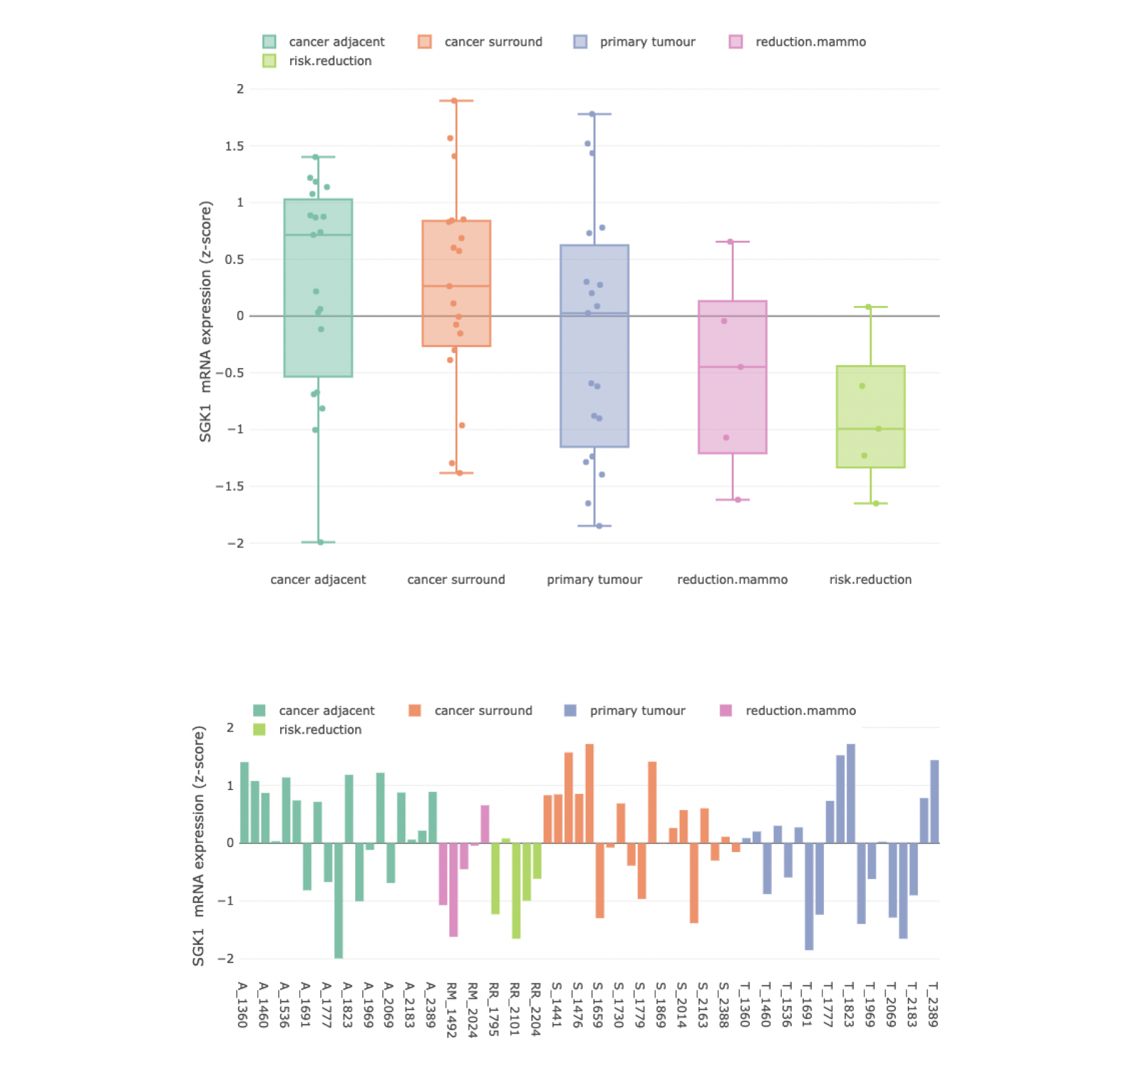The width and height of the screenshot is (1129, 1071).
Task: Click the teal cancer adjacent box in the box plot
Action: point(318,288)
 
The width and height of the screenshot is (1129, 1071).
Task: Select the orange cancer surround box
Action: point(456,283)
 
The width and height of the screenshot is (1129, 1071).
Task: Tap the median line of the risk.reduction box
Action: point(870,429)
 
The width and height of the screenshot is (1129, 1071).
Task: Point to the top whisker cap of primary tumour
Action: point(594,114)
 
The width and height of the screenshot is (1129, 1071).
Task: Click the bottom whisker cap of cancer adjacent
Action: point(318,542)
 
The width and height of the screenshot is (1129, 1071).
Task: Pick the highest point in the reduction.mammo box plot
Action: point(730,241)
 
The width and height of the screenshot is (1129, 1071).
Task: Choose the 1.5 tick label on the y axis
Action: point(234,146)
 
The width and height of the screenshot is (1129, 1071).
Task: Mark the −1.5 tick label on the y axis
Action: point(229,487)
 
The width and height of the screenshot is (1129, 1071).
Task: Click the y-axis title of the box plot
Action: point(206,321)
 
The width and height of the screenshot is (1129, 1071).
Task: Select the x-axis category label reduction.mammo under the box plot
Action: point(732,579)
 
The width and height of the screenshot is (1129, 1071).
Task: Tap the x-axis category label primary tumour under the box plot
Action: point(594,579)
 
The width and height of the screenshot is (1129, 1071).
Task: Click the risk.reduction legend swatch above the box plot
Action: point(269,61)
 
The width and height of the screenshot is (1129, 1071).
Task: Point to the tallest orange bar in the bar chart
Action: point(590,793)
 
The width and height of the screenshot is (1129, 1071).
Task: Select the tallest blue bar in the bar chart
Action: point(851,793)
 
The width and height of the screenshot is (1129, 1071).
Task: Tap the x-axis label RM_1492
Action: point(451,1010)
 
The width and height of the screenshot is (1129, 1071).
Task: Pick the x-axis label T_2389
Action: point(933,1005)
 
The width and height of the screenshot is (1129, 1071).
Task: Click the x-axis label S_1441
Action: point(556,1005)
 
